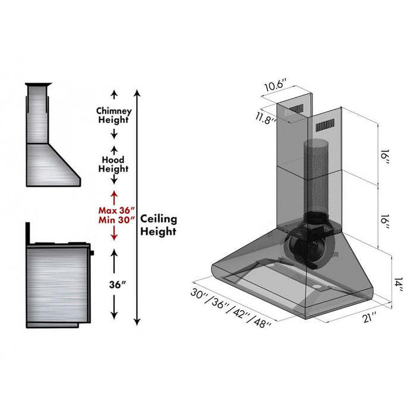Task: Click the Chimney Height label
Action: click(114, 115)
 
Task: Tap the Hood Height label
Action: click(114, 164)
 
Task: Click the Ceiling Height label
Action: click(158, 225)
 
